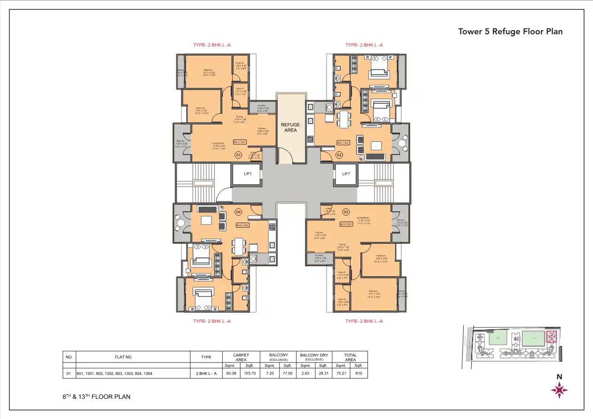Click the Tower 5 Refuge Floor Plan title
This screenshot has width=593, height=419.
point(510,32)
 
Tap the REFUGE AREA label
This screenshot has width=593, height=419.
point(290,127)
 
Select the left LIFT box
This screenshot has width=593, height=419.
point(248,174)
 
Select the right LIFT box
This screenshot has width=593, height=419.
point(346,174)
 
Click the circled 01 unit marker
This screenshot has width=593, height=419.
point(238,155)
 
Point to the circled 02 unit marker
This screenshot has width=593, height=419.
point(339,155)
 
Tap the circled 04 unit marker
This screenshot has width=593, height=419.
point(238,212)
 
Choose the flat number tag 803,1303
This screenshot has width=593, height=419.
point(346,225)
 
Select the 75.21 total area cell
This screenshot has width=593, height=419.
point(341,374)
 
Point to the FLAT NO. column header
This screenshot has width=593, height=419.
point(124,357)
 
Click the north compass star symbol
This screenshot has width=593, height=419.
point(559,390)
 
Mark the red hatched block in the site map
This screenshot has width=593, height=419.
point(551,338)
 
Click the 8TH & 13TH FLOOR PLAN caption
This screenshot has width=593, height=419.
point(96,396)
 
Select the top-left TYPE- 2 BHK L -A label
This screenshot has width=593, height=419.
point(212,45)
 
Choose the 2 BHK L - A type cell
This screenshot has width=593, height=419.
point(206,374)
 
